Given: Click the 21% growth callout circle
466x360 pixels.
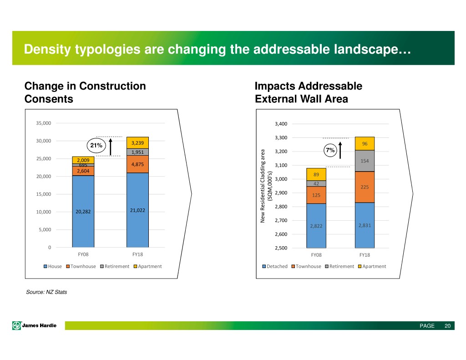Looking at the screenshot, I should pyautogui.click(x=96, y=145).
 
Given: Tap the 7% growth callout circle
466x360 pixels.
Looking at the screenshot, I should pyautogui.click(x=329, y=150).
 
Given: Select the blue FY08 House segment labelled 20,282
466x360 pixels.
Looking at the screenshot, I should pyautogui.click(x=83, y=211).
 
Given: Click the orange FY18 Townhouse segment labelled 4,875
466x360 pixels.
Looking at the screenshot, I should pyautogui.click(x=137, y=164).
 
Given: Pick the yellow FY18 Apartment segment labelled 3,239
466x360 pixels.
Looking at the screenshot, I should pyautogui.click(x=137, y=143).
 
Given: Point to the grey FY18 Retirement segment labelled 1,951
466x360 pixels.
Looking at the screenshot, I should pyautogui.click(x=137, y=152).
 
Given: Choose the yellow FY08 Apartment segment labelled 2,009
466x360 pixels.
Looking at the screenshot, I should pyautogui.click(x=83, y=160).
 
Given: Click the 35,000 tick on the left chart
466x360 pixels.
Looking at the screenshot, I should pyautogui.click(x=44, y=123).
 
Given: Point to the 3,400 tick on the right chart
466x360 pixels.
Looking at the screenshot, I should pyautogui.click(x=281, y=124).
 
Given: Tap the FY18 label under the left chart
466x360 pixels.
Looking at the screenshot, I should pyautogui.click(x=137, y=254).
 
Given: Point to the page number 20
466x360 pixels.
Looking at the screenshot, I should pyautogui.click(x=447, y=326).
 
